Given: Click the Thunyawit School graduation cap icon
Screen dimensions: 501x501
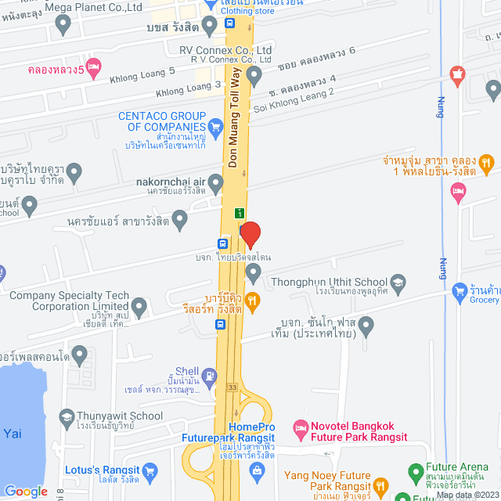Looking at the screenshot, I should [x=66, y=416].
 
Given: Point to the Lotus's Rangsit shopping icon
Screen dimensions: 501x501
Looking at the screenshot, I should [x=150, y=471].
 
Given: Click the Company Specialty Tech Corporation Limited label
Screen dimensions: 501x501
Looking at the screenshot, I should [x=68, y=301].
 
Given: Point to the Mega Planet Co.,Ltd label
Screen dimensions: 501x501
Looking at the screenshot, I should [x=94, y=7].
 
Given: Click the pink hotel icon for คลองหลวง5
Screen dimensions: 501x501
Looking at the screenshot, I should [x=94, y=66].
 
